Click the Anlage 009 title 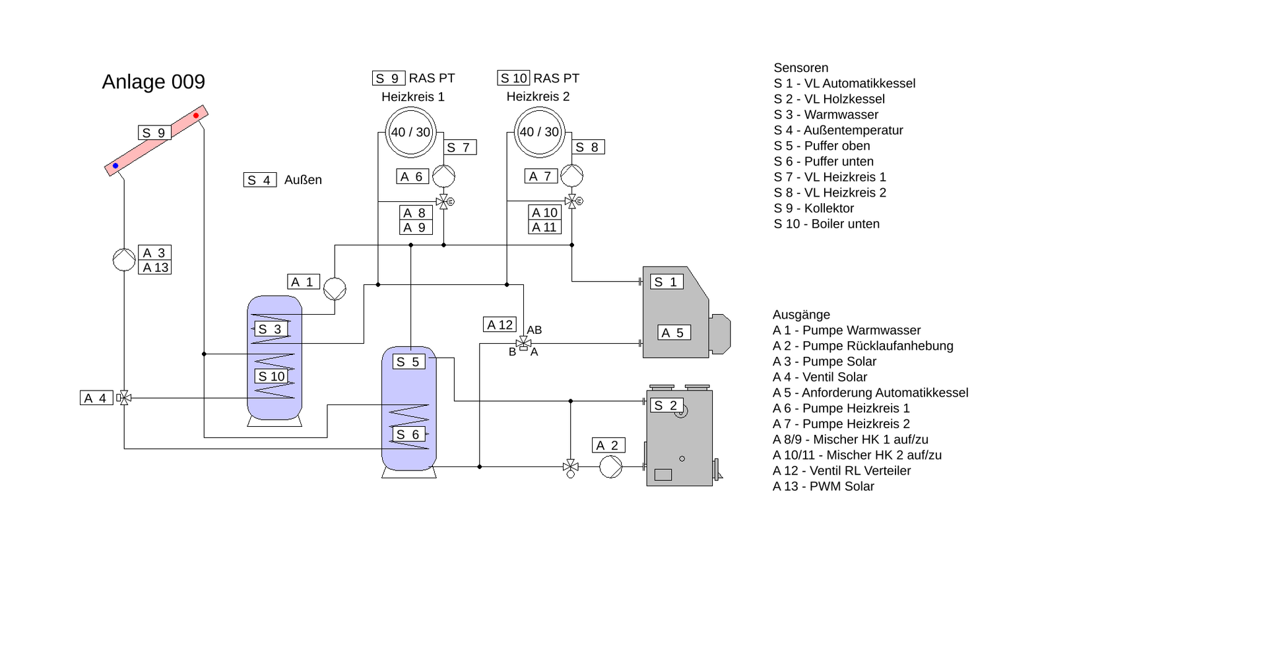click(x=153, y=82)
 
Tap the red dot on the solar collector click(x=196, y=115)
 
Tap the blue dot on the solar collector click(x=115, y=166)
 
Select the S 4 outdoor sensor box click(x=260, y=179)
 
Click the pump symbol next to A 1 click(x=335, y=289)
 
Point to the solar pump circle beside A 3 click(x=124, y=259)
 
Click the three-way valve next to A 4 click(x=124, y=398)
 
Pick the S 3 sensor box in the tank click(x=271, y=329)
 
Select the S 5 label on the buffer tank click(x=409, y=362)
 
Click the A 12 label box click(x=500, y=325)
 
